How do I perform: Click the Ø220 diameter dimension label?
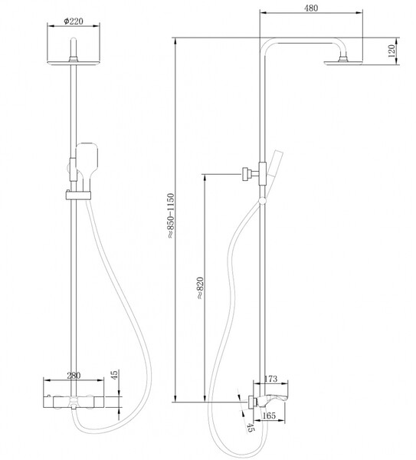pyautogui.click(x=74, y=21)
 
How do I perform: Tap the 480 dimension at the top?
pyautogui.click(x=311, y=8)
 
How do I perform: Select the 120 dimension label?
pyautogui.click(x=391, y=51)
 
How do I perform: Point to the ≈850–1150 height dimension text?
pyautogui.click(x=170, y=215)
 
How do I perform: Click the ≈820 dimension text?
pyautogui.click(x=200, y=287)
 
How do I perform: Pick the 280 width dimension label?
pyautogui.click(x=74, y=376)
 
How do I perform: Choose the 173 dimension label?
pyautogui.click(x=270, y=379)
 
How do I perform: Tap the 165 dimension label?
pyautogui.click(x=269, y=416)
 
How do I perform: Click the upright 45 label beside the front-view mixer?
pyautogui.click(x=114, y=375)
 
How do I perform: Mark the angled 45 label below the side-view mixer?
pyautogui.click(x=250, y=428)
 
